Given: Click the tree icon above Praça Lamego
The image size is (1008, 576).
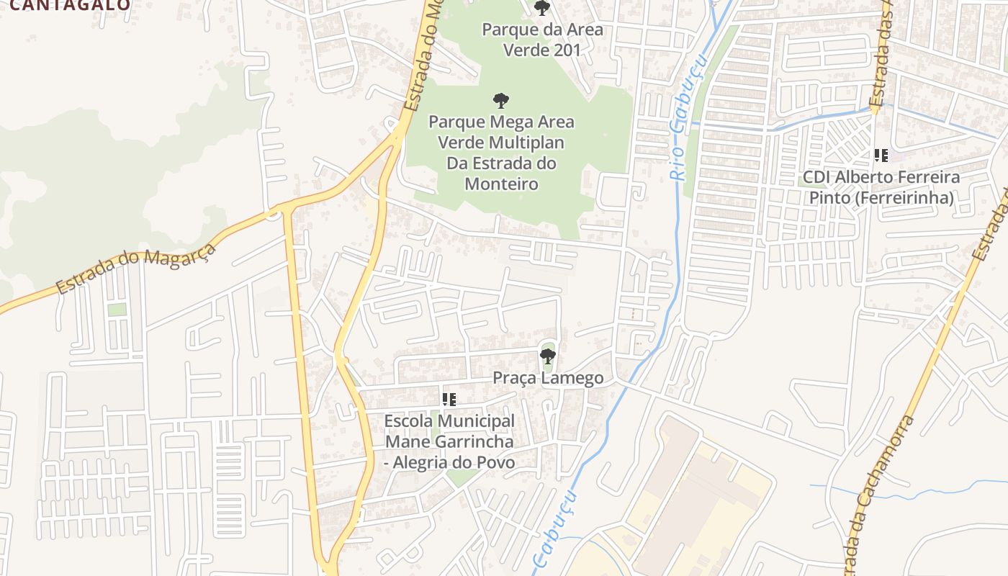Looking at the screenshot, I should pyautogui.click(x=548, y=356).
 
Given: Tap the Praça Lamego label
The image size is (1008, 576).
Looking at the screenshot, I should pyautogui.click(x=548, y=378).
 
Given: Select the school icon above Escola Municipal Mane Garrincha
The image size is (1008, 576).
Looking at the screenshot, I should pyautogui.click(x=449, y=399).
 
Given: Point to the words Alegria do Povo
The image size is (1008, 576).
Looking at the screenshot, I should pyautogui.click(x=455, y=462).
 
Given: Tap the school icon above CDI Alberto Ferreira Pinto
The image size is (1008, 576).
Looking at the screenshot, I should pyautogui.click(x=881, y=155).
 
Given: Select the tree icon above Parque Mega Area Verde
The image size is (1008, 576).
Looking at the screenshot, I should pyautogui.click(x=501, y=101).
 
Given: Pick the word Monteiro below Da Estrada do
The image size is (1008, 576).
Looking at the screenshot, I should pyautogui.click(x=501, y=184).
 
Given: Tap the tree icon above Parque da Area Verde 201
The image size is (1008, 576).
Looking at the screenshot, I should pyautogui.click(x=542, y=9).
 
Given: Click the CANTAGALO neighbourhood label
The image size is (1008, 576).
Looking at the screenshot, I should pyautogui.click(x=71, y=5).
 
